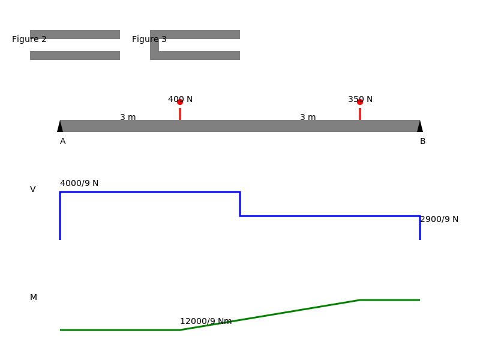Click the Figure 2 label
tap(29, 39)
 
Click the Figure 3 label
tap(149, 39)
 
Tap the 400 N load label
tap(181, 99)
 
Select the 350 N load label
tap(361, 99)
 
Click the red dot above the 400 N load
tap(180, 102)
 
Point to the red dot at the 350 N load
tap(360, 102)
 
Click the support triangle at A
tap(60, 127)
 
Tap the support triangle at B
tap(420, 127)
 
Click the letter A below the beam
tap(63, 142)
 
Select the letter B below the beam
tap(423, 142)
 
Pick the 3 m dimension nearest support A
tap(128, 117)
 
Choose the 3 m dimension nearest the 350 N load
tap(308, 117)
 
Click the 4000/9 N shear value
tap(79, 183)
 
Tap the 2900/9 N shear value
tap(439, 219)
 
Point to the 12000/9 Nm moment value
tap(206, 321)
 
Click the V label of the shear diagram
tap(33, 189)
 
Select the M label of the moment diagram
tap(34, 297)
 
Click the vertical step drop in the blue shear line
tap(240, 204)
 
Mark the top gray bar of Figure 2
tap(75, 34)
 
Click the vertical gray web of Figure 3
tap(154, 45)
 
